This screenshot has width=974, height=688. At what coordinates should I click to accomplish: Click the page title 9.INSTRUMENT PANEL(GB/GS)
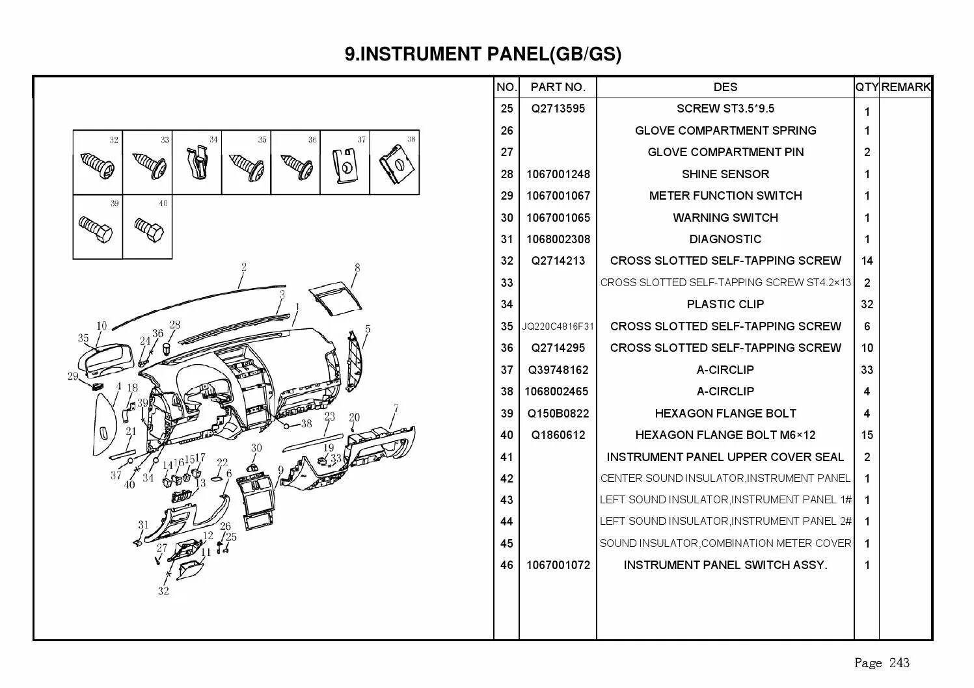click(x=483, y=54)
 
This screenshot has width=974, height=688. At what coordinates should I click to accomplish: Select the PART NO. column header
click(x=558, y=87)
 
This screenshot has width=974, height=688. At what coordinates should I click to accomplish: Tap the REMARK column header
click(x=906, y=87)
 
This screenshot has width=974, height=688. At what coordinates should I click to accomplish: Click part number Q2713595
click(x=558, y=109)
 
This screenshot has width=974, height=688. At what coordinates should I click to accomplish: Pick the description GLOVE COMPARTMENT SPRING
click(x=725, y=131)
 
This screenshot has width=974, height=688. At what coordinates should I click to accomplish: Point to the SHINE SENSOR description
click(x=725, y=174)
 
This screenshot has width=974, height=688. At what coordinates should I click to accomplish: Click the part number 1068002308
click(x=558, y=239)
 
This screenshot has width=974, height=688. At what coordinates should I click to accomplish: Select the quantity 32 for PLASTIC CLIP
click(x=867, y=304)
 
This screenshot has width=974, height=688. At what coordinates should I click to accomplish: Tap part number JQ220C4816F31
click(x=558, y=326)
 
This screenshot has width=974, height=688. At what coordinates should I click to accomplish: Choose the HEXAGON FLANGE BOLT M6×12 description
click(x=725, y=435)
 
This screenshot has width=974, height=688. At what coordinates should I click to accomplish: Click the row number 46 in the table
click(x=506, y=565)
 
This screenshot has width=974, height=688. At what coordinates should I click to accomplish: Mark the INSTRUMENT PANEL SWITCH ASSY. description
click(x=725, y=565)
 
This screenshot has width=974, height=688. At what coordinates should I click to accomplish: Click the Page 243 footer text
click(x=882, y=663)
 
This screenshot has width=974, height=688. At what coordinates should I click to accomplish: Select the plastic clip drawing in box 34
click(x=196, y=164)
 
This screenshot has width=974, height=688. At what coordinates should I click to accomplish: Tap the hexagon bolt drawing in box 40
click(x=149, y=230)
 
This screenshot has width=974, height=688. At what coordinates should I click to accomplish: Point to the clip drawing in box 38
click(x=396, y=165)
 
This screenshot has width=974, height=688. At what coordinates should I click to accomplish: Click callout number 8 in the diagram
click(x=357, y=268)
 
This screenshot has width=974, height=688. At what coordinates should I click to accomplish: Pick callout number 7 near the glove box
click(x=396, y=409)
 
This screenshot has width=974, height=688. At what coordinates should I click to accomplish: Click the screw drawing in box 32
click(x=96, y=165)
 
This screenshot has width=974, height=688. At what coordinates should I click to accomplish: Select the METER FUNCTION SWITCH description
click(x=725, y=196)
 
